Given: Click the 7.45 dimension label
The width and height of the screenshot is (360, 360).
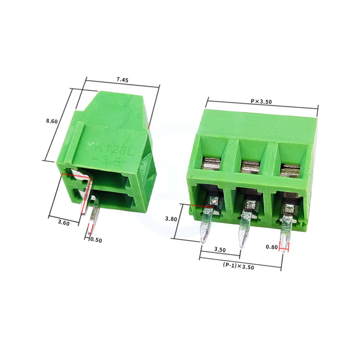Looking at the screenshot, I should pos(122,80).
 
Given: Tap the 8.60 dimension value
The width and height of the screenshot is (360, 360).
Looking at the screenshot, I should pos(52,121).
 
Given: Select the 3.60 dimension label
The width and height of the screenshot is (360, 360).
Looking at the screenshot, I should pos(63,223).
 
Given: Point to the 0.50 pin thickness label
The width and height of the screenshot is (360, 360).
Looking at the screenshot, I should pos(96,240).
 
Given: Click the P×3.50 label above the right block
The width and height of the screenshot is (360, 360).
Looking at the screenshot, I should pos(261,102).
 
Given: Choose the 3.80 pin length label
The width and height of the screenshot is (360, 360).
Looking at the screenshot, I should pos(171,219).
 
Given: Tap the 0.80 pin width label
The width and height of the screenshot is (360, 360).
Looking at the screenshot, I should pos(271,247).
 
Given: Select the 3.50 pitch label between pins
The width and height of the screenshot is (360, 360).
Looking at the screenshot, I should pos(220,249).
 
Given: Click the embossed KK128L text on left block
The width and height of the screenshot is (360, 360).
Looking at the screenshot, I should pos(108,149).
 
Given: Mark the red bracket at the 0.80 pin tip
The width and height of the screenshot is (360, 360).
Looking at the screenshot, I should pos(284,247).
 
